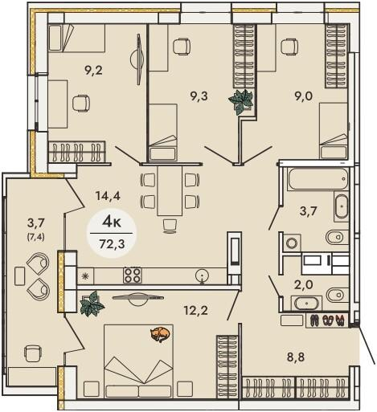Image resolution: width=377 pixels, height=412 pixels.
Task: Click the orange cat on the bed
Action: (x=160, y=335)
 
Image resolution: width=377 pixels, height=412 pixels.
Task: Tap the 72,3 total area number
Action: (x=112, y=244)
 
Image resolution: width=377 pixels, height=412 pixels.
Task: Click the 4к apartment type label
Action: (x=112, y=223)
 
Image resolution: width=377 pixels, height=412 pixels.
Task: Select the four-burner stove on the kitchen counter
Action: (x=133, y=275)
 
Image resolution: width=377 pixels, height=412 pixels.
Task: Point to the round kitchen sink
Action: (x=202, y=275)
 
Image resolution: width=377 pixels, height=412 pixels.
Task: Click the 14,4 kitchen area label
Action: (x=109, y=197)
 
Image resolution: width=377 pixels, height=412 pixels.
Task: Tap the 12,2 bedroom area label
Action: (x=195, y=311)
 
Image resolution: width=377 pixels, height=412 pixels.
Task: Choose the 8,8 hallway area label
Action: (x=296, y=357)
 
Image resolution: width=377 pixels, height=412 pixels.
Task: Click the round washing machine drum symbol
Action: (x=291, y=243)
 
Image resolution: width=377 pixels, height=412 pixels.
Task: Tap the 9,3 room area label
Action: (x=199, y=96)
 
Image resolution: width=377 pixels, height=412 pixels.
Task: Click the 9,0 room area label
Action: (x=304, y=96)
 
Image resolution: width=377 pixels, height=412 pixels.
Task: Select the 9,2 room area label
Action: (x=93, y=71)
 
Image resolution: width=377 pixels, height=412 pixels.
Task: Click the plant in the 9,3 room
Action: (x=241, y=101)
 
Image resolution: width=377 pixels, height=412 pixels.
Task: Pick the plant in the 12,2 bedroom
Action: (x=92, y=304)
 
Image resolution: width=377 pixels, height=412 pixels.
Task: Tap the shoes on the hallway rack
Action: (x=327, y=320)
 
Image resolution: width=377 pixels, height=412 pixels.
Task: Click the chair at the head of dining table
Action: (x=170, y=226)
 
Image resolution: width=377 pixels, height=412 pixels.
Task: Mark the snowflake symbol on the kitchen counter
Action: (x=85, y=275)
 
